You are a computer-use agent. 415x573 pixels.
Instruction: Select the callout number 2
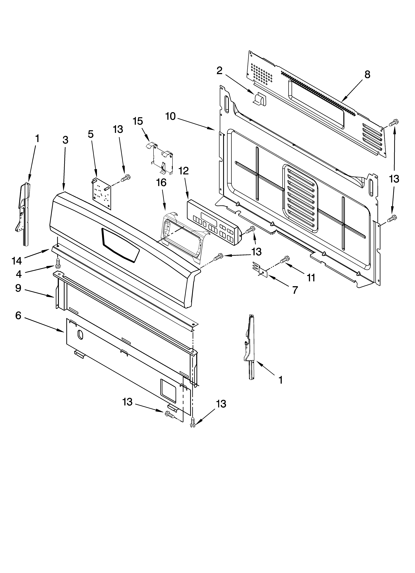pyautogui.click(x=219, y=71)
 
